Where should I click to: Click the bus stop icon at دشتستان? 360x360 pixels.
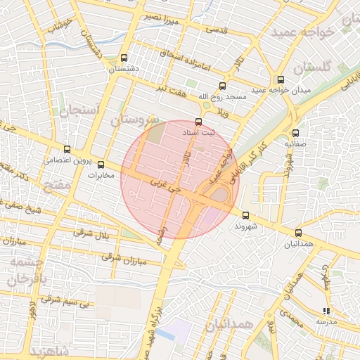(x=124, y=58)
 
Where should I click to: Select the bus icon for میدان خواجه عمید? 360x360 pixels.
(x=281, y=79)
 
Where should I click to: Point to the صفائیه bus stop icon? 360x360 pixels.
(x=295, y=132)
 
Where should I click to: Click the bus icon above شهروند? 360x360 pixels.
(x=245, y=215)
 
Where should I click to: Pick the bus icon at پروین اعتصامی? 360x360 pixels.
(x=67, y=149)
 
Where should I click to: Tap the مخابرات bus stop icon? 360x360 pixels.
(x=101, y=165)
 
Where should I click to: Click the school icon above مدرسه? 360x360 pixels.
(x=326, y=310)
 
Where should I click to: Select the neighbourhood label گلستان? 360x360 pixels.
(x=311, y=68)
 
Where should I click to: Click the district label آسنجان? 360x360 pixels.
(x=82, y=106)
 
